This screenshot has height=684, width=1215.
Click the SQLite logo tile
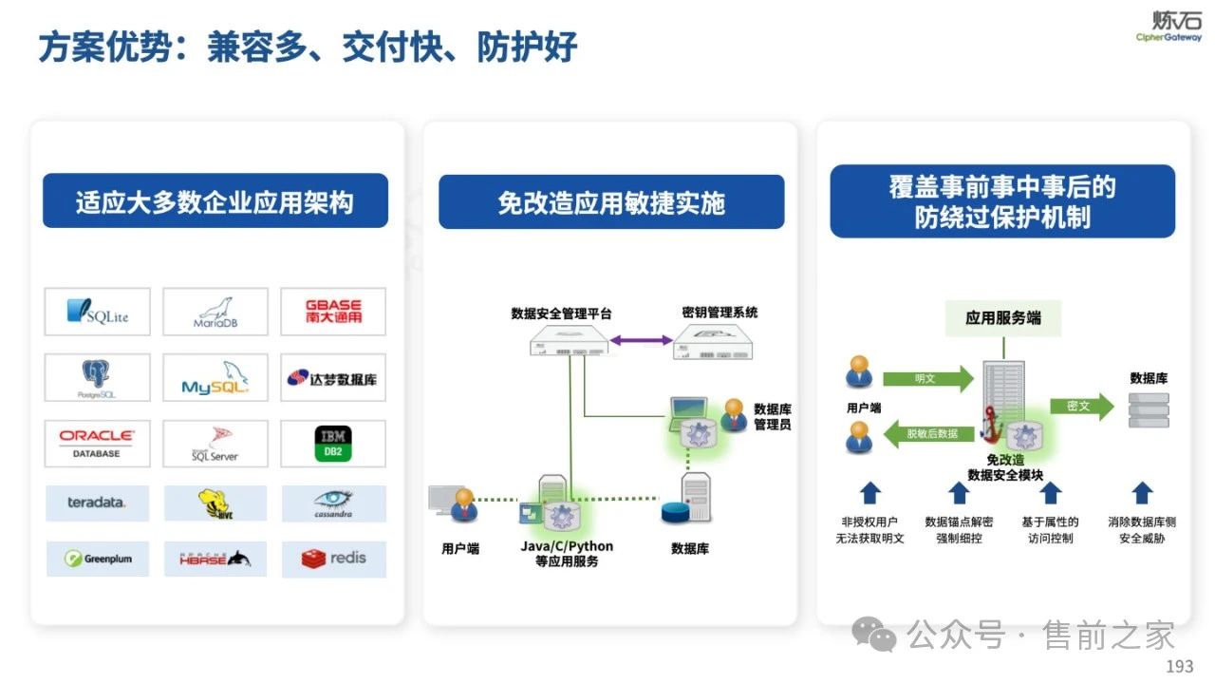97,312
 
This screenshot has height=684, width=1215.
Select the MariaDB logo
215,312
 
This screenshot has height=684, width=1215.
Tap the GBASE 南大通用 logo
333,312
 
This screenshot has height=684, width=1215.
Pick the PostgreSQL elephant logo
97,378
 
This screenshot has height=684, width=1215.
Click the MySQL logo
215,378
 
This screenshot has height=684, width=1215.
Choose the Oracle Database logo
97,444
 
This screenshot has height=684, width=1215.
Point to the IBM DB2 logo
333,444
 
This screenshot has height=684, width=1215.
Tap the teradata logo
97,503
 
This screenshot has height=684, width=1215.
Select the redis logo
333,559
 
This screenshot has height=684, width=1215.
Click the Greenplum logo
98,559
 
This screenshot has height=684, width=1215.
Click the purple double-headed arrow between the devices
641,339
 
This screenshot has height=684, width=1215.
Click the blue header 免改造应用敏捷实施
611,202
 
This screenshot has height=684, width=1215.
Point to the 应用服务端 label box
1002,318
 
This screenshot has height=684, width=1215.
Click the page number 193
1179,666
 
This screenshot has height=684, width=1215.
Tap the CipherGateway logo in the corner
1168,26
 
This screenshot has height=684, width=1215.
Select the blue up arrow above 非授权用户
869,492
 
